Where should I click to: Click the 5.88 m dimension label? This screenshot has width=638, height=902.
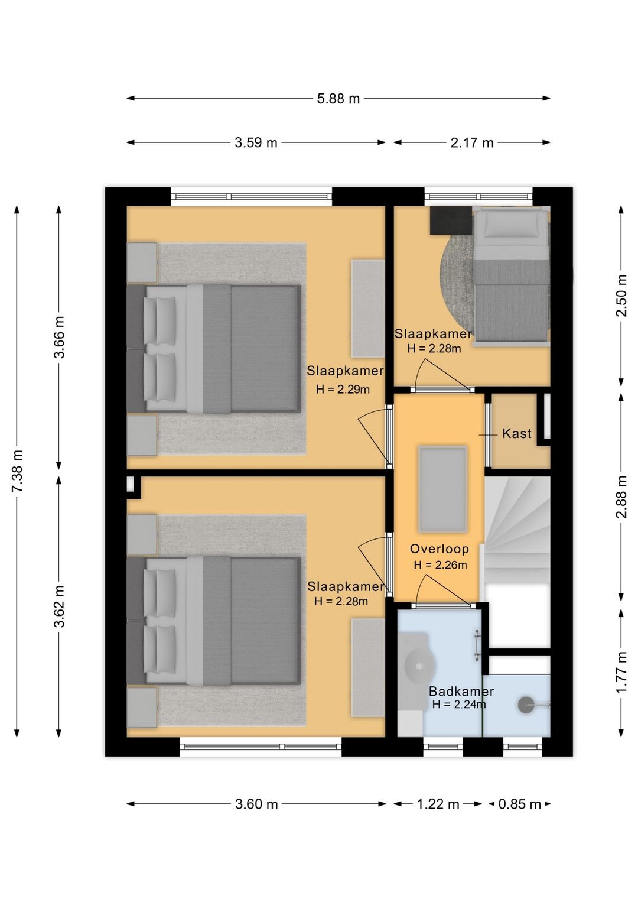click(338, 98)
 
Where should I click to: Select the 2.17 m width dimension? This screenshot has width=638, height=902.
click(472, 142)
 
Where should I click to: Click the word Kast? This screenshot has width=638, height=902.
click(517, 434)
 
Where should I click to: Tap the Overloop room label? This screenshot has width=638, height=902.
click(439, 549)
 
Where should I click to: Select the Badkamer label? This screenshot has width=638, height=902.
click(461, 691)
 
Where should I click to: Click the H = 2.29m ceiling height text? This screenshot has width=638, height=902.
click(343, 389)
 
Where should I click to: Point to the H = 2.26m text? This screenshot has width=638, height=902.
click(440, 565)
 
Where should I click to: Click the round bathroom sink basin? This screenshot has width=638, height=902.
click(420, 666)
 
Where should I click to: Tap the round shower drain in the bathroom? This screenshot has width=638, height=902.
click(526, 705)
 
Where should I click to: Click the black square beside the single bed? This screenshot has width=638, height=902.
click(451, 220)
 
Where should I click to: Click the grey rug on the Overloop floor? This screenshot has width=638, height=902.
click(443, 489)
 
